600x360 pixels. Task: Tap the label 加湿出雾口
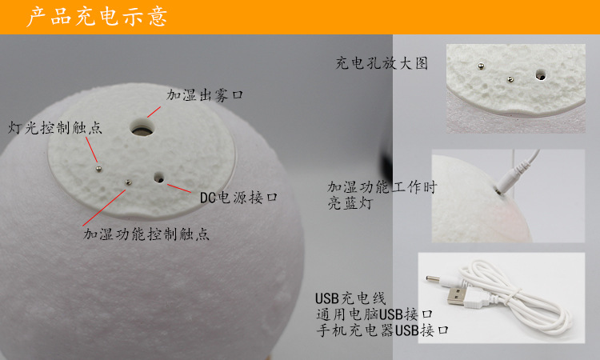click(x=205, y=94)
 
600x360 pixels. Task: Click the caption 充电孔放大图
click(x=382, y=64)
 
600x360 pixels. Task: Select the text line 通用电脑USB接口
click(x=374, y=314)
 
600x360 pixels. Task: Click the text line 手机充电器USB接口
click(x=381, y=330)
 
